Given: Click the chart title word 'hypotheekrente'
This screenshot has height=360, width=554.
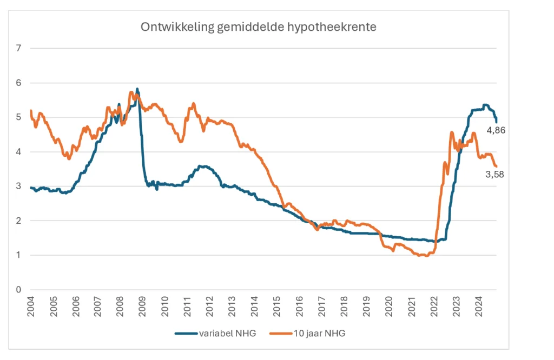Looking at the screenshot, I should (x=341, y=26).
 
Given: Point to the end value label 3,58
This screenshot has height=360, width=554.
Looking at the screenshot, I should (x=494, y=174).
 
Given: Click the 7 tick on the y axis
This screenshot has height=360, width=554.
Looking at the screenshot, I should (x=19, y=49).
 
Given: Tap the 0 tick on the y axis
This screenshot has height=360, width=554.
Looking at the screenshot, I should (x=19, y=290).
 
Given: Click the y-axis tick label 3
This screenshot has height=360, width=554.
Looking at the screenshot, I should (x=19, y=186).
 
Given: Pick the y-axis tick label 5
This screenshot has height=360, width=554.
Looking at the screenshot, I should (x=19, y=117).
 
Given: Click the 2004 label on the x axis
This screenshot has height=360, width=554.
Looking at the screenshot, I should (x=30, y=306).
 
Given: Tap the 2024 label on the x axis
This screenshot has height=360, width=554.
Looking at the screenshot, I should (x=478, y=306).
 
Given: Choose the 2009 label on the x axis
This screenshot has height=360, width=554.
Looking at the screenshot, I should (x=142, y=306).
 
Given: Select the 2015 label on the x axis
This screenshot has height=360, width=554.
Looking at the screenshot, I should (x=276, y=306).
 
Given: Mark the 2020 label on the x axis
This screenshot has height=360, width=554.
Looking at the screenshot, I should (x=388, y=306).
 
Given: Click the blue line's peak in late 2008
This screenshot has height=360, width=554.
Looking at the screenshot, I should (x=137, y=89).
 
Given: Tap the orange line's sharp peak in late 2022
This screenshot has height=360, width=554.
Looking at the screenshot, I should (x=451, y=132).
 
